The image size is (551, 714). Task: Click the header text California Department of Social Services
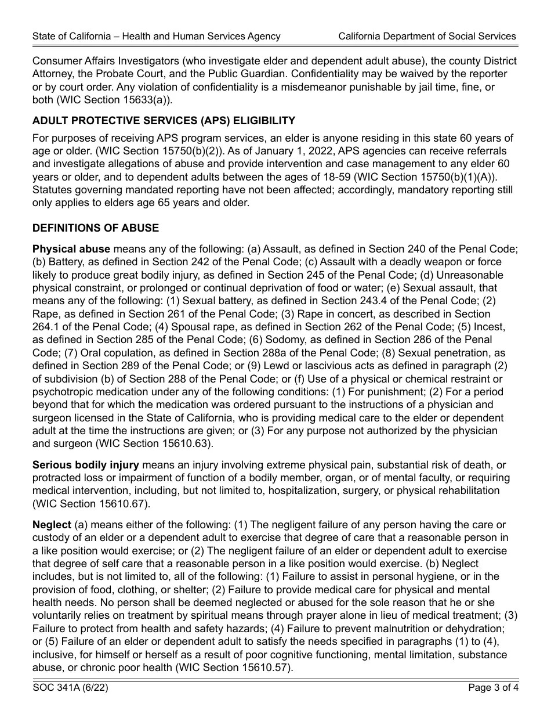point(427,36)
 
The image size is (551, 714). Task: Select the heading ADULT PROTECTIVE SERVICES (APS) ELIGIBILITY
point(164,121)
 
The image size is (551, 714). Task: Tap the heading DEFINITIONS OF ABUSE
point(96,228)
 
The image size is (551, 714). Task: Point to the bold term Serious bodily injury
point(86,465)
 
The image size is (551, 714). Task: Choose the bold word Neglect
point(52,525)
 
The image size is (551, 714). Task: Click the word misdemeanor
point(324,86)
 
